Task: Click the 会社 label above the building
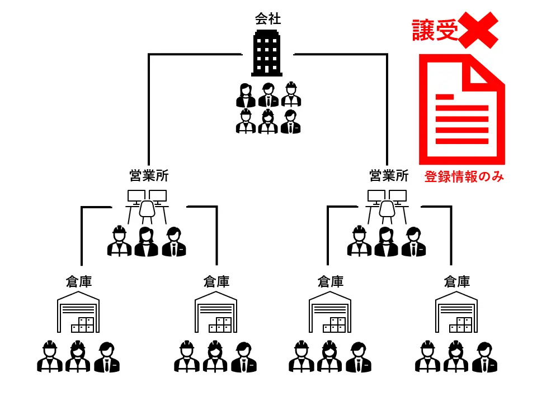click(x=268, y=19)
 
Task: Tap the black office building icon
click(x=267, y=53)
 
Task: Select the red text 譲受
click(x=435, y=30)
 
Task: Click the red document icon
click(x=461, y=109)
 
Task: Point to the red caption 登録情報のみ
click(x=464, y=177)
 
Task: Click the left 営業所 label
click(x=149, y=176)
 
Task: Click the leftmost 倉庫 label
click(x=78, y=281)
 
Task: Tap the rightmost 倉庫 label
click(x=456, y=281)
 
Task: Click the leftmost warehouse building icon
click(x=78, y=312)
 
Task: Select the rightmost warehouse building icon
click(x=456, y=312)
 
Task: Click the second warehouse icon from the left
click(x=216, y=312)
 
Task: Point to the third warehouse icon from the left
click(x=330, y=312)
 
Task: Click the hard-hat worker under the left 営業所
click(x=119, y=242)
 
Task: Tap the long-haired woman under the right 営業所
click(x=387, y=242)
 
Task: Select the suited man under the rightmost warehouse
click(x=484, y=357)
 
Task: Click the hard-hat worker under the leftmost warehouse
click(x=50, y=357)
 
